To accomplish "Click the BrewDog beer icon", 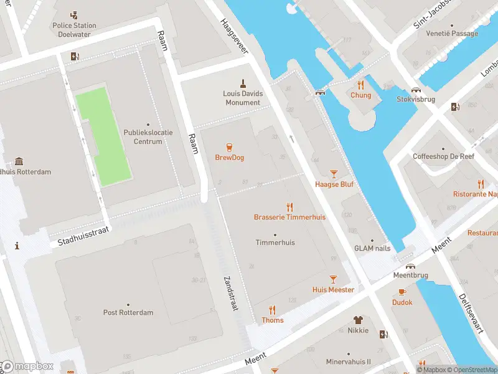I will tap(230, 147).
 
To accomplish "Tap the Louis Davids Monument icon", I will tap(243, 83).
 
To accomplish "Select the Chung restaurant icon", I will tap(360, 85).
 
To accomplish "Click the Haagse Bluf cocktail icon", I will tap(334, 174).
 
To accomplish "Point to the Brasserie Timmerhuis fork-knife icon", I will tap(289, 207).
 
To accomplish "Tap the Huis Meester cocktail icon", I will tap(333, 279).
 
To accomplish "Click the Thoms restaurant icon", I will tap(272, 310).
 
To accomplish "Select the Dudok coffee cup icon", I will tap(402, 292).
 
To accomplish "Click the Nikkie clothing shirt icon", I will tap(358, 320).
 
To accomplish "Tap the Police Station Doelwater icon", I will tap(75, 14).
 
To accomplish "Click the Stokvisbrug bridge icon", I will tap(416, 90).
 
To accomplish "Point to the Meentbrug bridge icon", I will tap(411, 266).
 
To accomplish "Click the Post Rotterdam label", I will tap(128, 312).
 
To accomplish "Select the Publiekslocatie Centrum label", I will tap(148, 137).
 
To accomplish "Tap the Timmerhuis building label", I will tap(275, 242).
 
